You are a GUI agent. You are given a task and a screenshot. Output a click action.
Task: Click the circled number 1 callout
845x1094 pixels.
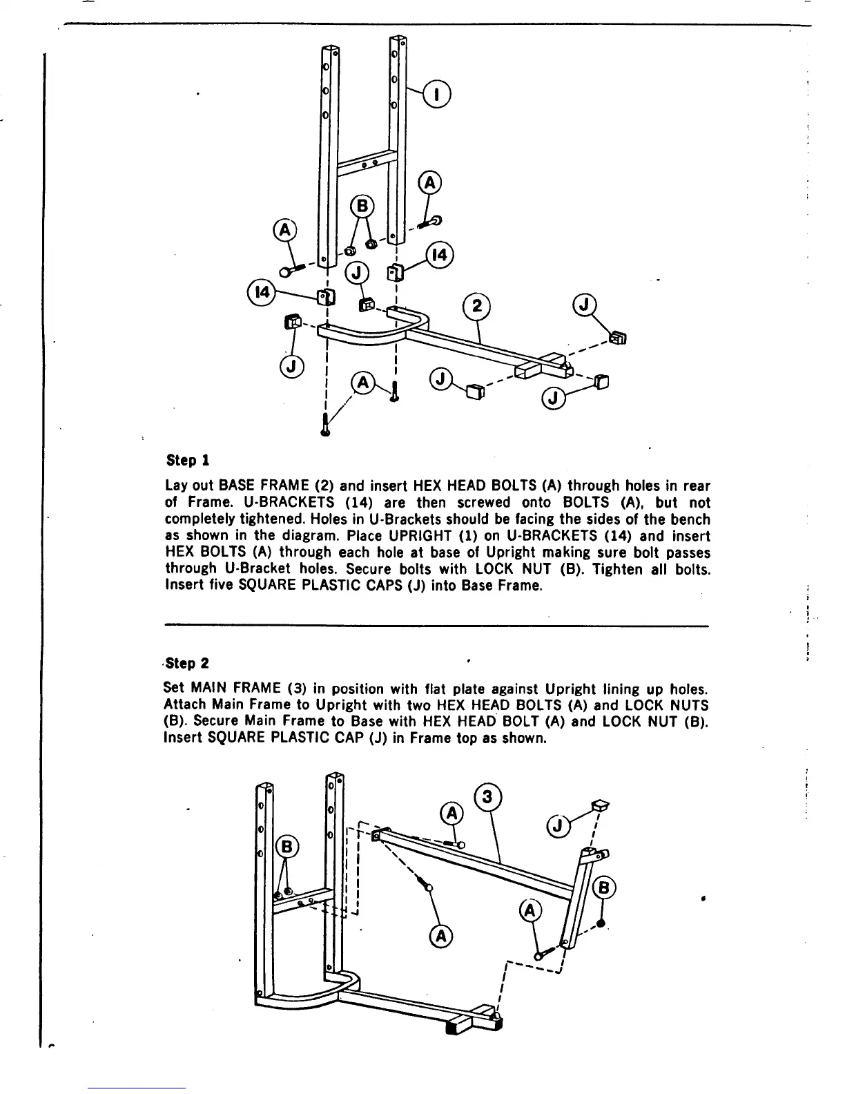437,94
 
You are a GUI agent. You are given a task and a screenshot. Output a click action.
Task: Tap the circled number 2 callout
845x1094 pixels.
475,307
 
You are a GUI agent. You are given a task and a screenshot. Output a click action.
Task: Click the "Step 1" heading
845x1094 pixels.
188,460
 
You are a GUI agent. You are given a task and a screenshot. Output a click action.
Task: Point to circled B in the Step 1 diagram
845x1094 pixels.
361,206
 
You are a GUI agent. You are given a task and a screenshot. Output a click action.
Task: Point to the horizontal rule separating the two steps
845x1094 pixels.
437,626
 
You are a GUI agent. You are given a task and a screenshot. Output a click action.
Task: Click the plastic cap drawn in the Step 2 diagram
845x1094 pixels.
599,805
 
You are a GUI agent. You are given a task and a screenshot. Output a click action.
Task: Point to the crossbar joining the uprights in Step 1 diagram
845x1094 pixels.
366,164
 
